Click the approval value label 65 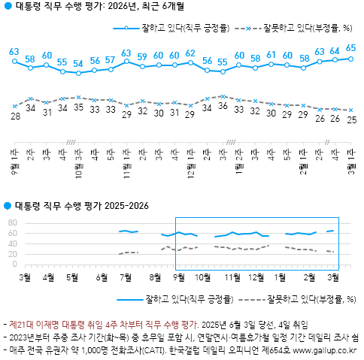tap(351, 47)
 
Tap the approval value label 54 tap(78, 64)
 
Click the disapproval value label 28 tap(15, 116)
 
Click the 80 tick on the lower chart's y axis tap(11, 223)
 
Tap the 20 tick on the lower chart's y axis tap(11, 254)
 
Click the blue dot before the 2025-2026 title tap(8, 206)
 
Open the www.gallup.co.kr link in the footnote tap(325, 349)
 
